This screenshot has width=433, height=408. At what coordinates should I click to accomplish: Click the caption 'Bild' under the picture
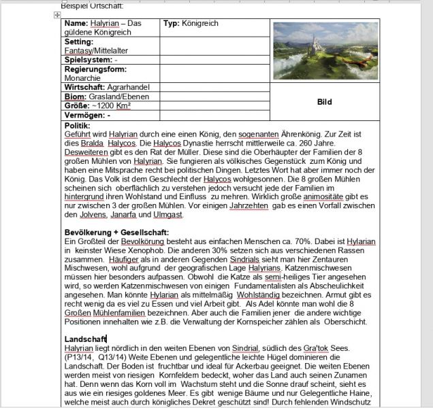click(x=325, y=102)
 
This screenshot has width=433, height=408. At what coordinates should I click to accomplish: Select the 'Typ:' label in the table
click(x=174, y=23)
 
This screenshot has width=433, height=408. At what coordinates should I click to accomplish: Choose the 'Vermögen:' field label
click(x=84, y=115)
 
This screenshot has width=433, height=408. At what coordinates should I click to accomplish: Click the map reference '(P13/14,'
click(x=80, y=357)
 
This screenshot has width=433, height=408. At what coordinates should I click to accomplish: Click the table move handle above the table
click(x=59, y=14)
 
